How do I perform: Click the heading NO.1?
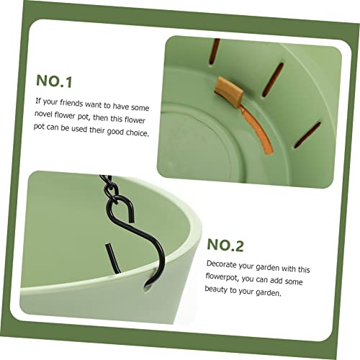pyautogui.click(x=54, y=81)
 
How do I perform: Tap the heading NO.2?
pyautogui.click(x=225, y=245)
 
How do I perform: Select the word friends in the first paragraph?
pyautogui.click(x=71, y=104)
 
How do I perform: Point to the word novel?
pyautogui.click(x=43, y=114)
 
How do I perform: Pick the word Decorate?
pyautogui.click(x=222, y=264)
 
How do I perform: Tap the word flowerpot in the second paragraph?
pyautogui.click(x=222, y=276)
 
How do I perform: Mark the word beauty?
pyautogui.click(x=216, y=289)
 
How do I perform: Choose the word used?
pyautogui.click(x=79, y=129)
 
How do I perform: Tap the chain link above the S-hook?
pyautogui.click(x=111, y=189)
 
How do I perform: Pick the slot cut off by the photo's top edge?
pyautogui.click(x=214, y=51)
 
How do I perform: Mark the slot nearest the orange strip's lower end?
pyautogui.click(x=307, y=135)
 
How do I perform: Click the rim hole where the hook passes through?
pyautogui.click(x=147, y=287)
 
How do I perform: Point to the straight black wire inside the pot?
pyautogui.click(x=112, y=258)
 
